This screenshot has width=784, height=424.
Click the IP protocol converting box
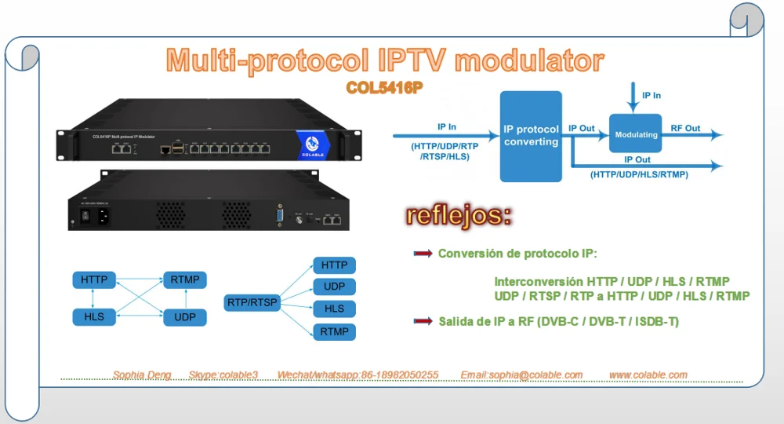coord(531,136)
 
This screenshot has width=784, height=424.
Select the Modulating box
coord(636,135)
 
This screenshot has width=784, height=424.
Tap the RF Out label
coord(685,128)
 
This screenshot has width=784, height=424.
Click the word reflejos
coord(459,215)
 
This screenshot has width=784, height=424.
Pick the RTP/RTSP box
coord(252,302)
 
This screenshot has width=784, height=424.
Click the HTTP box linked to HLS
coord(94,280)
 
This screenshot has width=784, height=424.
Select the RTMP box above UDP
coord(185,280)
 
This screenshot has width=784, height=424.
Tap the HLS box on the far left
coord(94,317)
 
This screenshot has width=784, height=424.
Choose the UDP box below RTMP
coord(185,317)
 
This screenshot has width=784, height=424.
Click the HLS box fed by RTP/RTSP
coord(334,309)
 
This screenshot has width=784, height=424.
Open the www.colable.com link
coord(648,375)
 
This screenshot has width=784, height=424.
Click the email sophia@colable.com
coord(521,375)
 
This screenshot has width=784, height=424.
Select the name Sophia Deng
coord(141,375)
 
